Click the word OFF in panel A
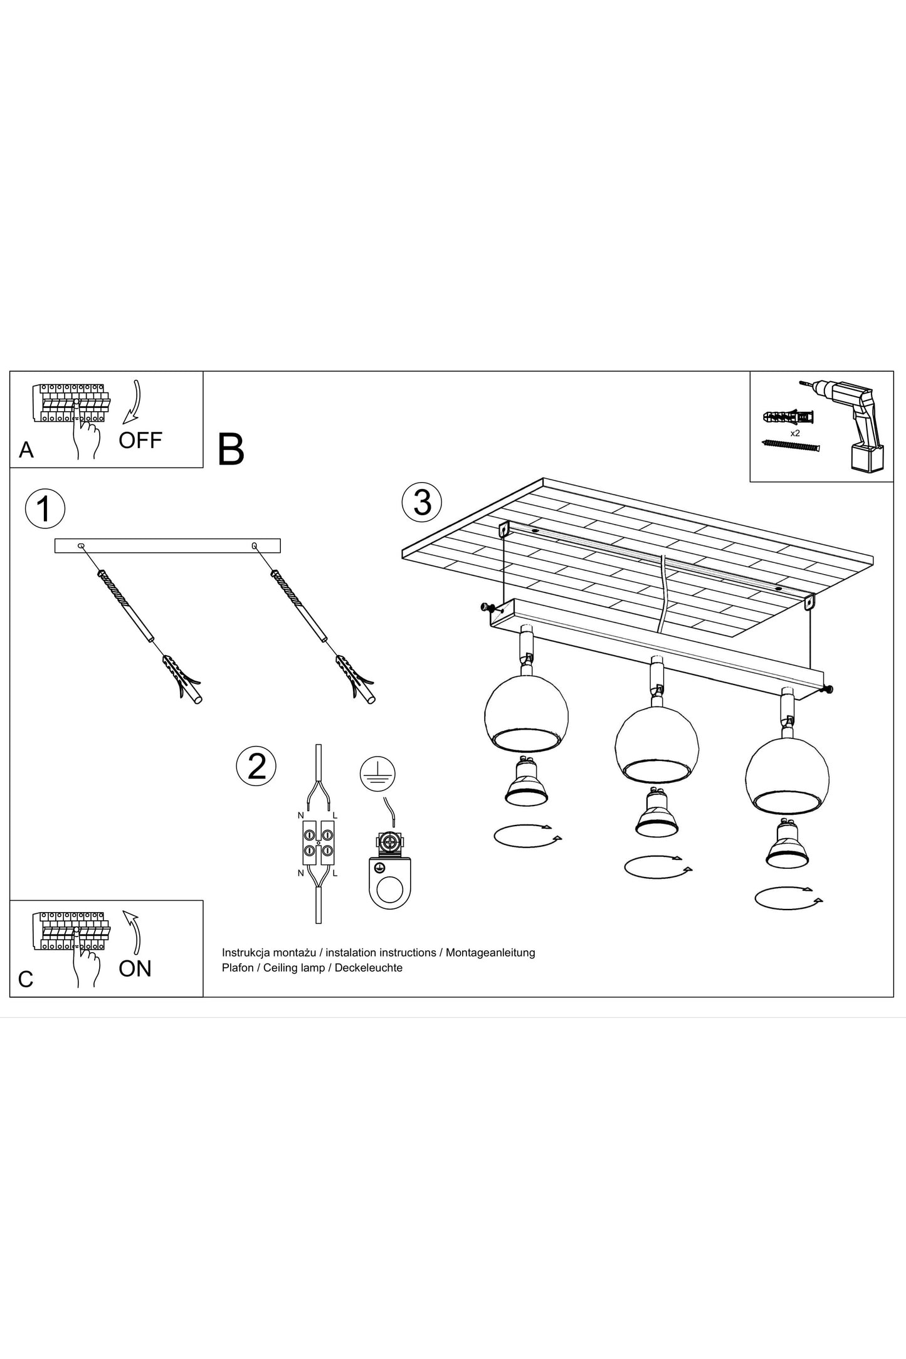coord(140,440)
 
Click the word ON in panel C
coord(135,968)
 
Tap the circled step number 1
coord(45,509)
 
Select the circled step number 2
coord(256,765)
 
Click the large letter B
coord(231,450)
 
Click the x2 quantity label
coord(795,433)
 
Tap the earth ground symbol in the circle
coord(378,775)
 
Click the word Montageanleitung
coord(490,953)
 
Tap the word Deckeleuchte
coord(369,968)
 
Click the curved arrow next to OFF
coord(133,402)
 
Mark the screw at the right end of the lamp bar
coord(829,690)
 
